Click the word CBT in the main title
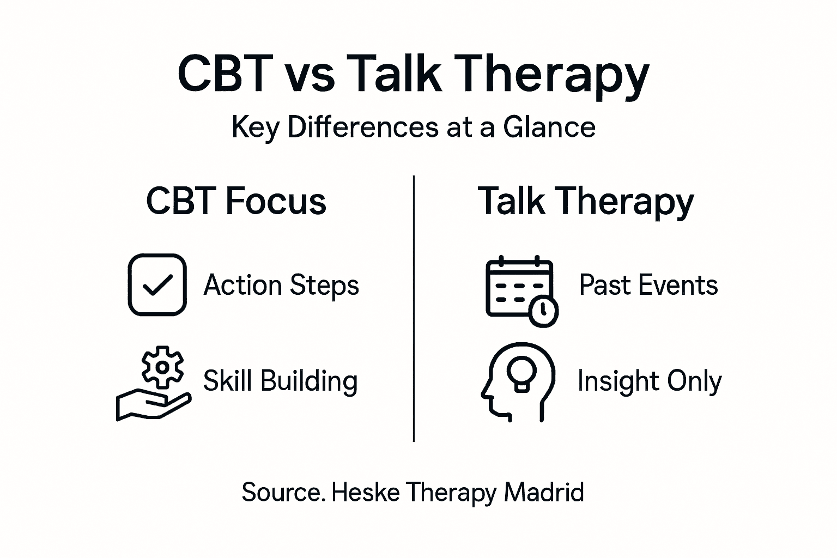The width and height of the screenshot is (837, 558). pos(225,74)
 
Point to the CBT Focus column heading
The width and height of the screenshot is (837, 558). pos(236,201)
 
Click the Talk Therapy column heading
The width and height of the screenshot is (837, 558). pos(586,202)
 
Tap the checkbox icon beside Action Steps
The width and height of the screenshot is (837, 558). pos(157,284)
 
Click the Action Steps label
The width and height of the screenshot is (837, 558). pos(281,285)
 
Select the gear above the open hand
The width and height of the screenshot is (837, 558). pos(162,367)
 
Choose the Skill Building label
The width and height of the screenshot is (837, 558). pos(280,381)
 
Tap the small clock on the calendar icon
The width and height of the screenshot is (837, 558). pos(543,311)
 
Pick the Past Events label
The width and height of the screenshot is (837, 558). pos(648,285)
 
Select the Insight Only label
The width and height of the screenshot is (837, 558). pos(650,381)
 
